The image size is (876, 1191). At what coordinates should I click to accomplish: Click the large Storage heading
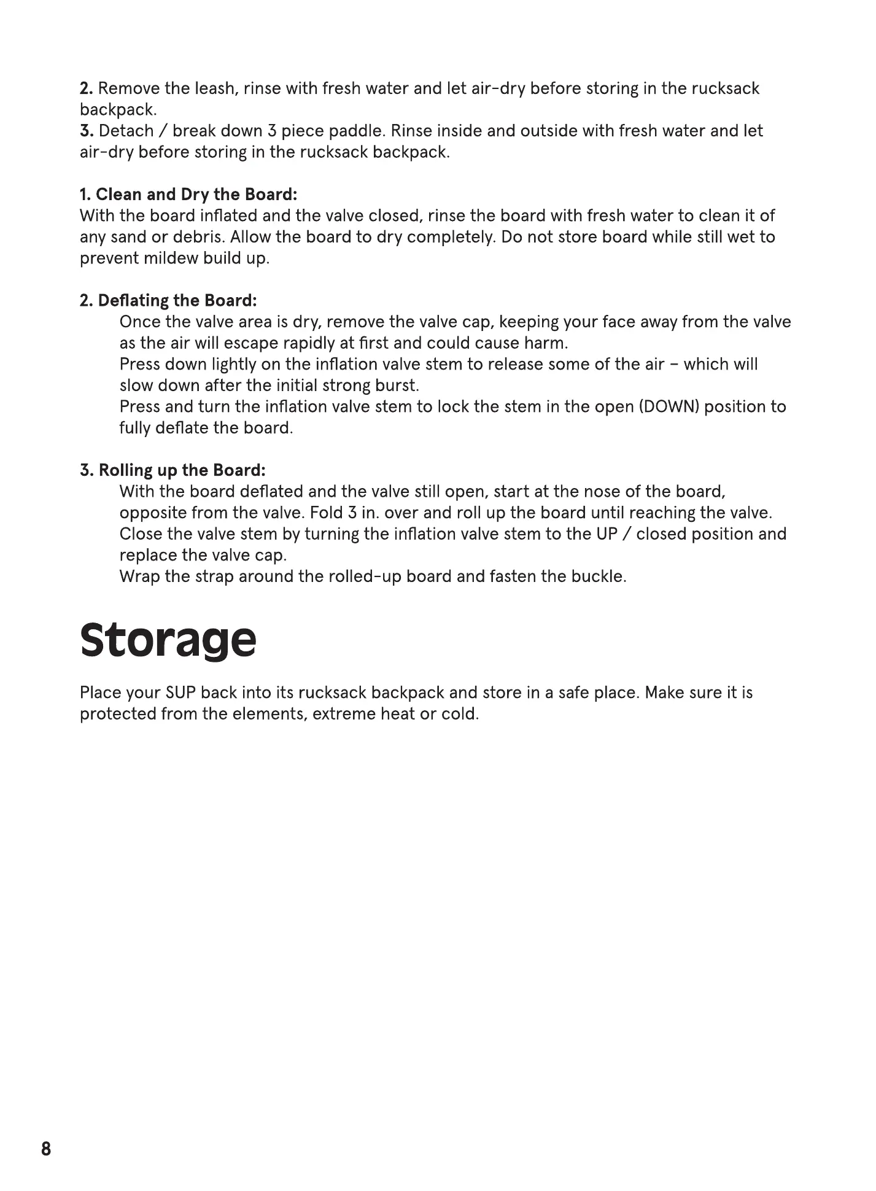[168, 640]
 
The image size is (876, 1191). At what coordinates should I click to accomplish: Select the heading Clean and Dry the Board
[188, 195]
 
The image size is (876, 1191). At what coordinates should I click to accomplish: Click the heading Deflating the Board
[168, 301]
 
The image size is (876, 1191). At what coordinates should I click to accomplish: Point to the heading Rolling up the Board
[173, 470]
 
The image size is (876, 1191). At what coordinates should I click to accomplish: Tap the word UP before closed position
[607, 534]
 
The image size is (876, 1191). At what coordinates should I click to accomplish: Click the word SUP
[180, 693]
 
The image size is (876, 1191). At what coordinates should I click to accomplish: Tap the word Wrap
[139, 577]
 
